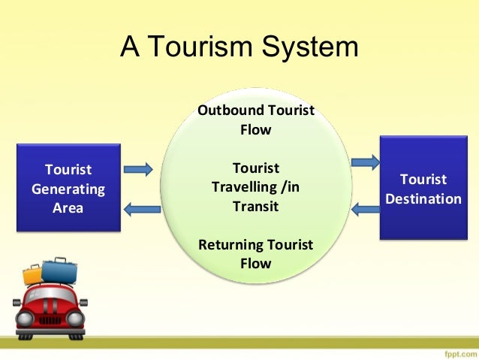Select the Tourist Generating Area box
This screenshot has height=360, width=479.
pos(68,188)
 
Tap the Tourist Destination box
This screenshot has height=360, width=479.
pos(423,189)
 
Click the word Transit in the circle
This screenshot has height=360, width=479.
pos(255,206)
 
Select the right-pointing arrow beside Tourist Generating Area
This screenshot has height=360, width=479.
pos(137,169)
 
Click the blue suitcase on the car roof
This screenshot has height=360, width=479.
pos(59,270)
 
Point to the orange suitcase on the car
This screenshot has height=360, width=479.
pos(33,274)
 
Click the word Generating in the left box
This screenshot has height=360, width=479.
pos(68,189)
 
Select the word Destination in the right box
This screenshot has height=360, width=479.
pos(423,199)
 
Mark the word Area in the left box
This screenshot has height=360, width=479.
pos(68,207)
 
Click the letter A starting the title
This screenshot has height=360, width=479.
pos(130,47)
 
